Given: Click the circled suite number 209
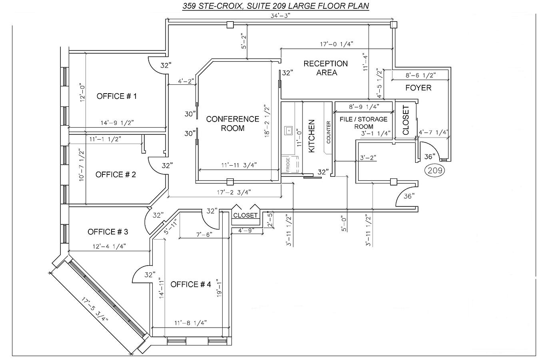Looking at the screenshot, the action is tap(434, 170).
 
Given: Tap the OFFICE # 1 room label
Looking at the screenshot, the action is tap(117, 96).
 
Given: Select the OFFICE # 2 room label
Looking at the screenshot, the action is tap(116, 175).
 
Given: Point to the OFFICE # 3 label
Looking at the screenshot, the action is tap(108, 232).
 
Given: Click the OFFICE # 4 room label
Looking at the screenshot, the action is tap(191, 284).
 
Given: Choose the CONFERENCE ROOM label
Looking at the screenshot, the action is tap(233, 124).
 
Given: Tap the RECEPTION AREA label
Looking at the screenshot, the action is tap(326, 68).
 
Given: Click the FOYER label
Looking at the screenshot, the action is tap(418, 88).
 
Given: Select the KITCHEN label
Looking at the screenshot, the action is tap(311, 136).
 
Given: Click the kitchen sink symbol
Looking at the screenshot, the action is tap(288, 131).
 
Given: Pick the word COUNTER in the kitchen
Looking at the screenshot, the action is tap(329, 132).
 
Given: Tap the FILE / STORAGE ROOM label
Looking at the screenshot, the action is tap(364, 123).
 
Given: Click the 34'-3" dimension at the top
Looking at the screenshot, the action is tap(281, 16).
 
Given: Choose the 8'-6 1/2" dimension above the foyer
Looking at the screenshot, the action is tap(421, 75).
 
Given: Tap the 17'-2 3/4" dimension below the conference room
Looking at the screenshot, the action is tap(234, 192).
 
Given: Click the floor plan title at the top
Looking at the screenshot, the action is tap(276, 6).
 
